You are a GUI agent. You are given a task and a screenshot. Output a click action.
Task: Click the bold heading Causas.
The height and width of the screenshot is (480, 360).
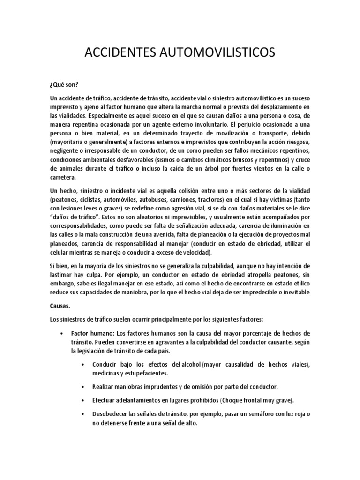click(x=60, y=305)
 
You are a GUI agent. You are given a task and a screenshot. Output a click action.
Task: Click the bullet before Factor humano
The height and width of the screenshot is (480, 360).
click(x=62, y=332)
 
